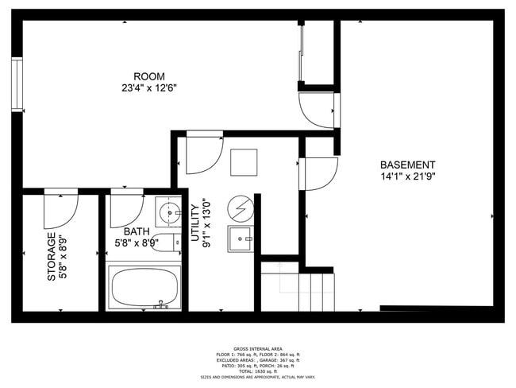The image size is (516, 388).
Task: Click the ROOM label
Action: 144,76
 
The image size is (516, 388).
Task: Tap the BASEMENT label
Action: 408,165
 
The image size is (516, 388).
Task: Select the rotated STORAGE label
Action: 52,256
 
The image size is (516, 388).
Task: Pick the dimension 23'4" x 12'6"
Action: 144,87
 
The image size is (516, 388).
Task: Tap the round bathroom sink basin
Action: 168,213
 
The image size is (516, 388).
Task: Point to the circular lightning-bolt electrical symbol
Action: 240,208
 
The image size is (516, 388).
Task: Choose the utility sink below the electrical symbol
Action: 241,239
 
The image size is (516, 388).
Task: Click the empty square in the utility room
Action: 244,162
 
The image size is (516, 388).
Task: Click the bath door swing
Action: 125,209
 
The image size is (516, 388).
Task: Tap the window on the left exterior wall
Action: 17,83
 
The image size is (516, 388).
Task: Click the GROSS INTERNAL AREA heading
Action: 257,348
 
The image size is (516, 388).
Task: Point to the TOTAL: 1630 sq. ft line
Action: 257,371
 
